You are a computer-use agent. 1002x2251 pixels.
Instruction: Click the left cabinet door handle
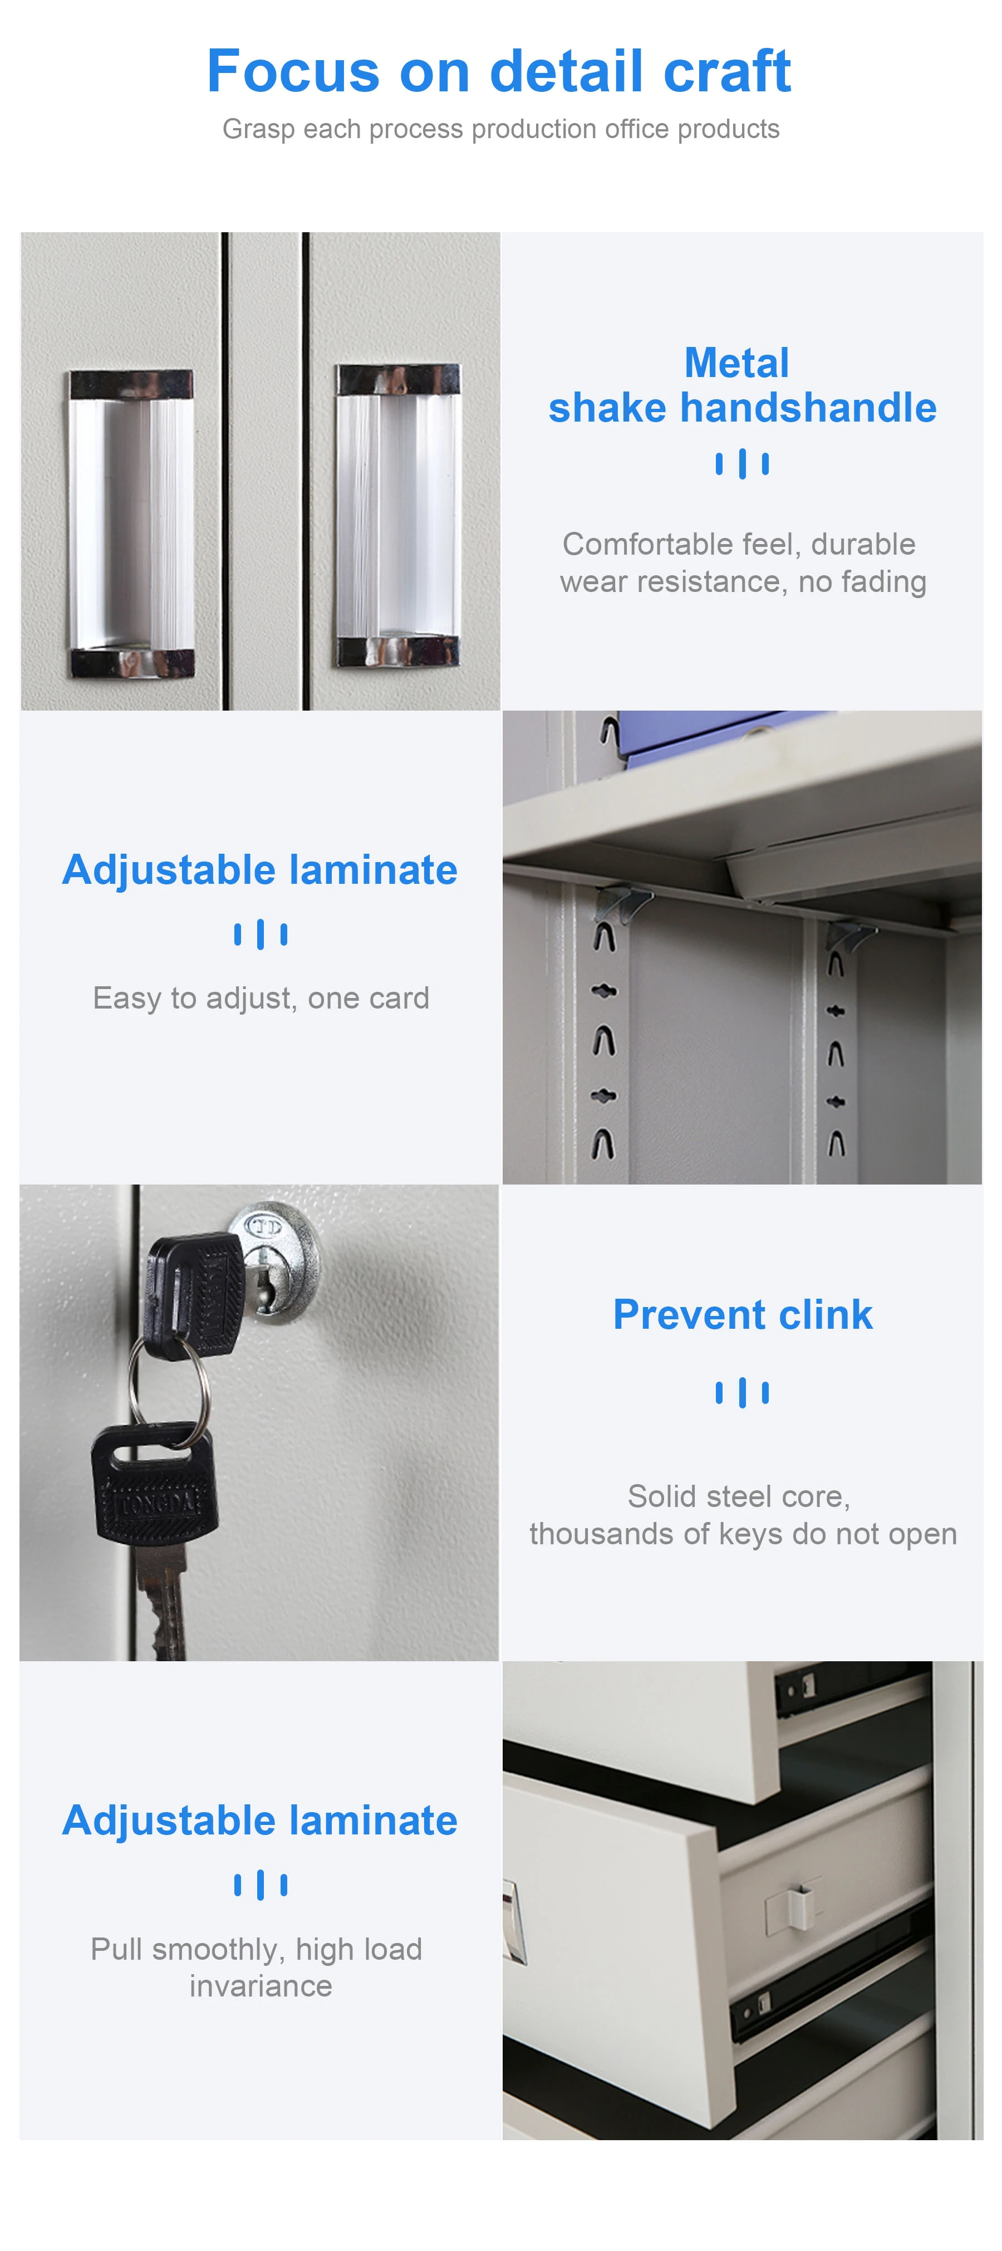click(132, 523)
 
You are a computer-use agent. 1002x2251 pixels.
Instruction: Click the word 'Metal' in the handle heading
click(736, 363)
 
